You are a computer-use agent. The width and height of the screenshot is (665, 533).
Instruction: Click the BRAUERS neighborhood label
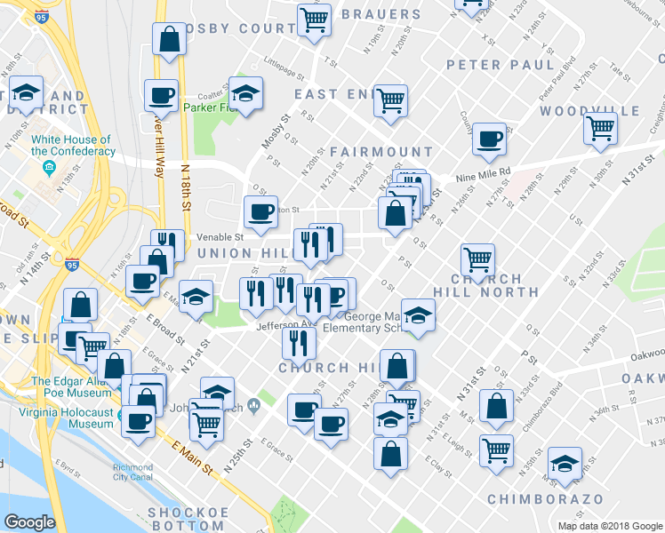[381, 14]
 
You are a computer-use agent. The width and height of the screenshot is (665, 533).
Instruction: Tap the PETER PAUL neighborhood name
[501, 65]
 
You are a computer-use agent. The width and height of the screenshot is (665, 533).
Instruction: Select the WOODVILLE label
[589, 111]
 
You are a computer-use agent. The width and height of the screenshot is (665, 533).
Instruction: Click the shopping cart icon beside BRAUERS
[313, 19]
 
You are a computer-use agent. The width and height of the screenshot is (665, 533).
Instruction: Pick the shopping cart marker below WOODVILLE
[601, 127]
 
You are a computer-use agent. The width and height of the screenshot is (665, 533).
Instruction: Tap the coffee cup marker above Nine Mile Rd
[489, 138]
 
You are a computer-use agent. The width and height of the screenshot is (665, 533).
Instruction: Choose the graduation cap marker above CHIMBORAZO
[565, 463]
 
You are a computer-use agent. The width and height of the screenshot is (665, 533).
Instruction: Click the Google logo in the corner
[30, 522]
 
